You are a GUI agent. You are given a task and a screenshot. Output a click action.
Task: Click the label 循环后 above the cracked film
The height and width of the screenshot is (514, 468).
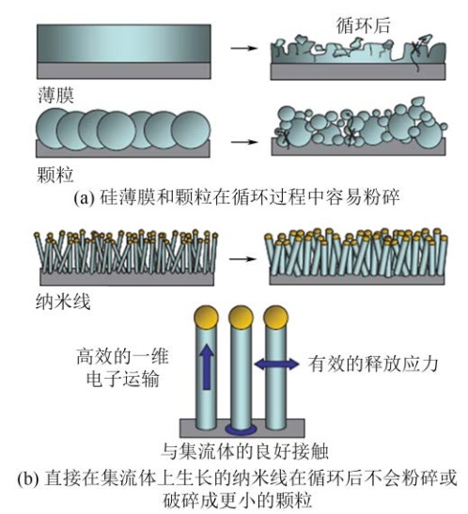pos(363,26)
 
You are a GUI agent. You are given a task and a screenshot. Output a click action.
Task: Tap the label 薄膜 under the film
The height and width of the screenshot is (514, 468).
pos(56,95)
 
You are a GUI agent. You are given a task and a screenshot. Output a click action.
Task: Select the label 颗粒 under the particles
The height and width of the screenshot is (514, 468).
pos(55,175)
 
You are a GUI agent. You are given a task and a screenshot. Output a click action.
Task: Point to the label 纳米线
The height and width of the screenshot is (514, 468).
pos(63,302)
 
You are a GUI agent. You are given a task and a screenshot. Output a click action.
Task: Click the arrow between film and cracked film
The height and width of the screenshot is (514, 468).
pos(243,48)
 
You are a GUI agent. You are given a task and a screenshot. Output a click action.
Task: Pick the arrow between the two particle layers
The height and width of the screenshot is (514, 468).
pos(244,142)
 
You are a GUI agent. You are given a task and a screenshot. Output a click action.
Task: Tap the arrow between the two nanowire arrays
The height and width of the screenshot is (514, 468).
pos(242,259)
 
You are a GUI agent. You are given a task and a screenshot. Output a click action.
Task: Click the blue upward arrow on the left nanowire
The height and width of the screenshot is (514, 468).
pos(207,367)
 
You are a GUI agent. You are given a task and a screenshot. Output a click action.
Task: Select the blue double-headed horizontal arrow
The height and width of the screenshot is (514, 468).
pos(276,365)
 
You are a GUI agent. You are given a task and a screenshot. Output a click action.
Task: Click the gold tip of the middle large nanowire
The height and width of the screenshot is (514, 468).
pos(241,317)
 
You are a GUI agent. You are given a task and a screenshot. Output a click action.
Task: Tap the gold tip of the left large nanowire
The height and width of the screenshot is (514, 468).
pos(206,317)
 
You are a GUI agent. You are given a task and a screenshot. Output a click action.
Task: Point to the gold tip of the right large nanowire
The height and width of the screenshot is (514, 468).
pos(275,317)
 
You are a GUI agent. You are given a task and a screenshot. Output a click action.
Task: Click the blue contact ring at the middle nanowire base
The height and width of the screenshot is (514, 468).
pos(241,429)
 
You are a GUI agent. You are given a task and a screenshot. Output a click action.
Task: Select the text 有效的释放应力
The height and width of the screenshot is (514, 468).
pos(373,364)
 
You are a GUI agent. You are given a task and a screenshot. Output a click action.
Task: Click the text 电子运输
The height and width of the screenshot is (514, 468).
pos(123,380)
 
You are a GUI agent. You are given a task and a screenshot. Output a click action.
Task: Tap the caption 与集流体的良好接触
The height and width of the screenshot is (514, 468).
pos(245,451)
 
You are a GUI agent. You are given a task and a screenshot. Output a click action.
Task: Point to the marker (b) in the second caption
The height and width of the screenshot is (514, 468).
pos(28,479)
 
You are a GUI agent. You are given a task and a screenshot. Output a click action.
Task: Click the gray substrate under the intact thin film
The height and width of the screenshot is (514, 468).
pos(123,70)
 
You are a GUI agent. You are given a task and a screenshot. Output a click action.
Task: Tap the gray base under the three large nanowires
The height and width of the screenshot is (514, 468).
pos(242,428)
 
